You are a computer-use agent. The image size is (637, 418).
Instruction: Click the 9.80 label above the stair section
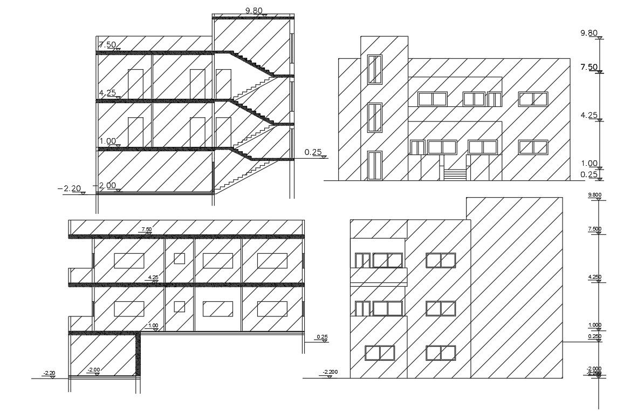(253, 10)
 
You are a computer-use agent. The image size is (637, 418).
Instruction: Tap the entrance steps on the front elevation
(455, 175)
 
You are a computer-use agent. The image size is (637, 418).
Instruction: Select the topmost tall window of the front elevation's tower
(374, 69)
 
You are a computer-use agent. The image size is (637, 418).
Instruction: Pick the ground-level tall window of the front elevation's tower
(374, 165)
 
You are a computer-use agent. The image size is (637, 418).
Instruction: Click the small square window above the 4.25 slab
(179, 258)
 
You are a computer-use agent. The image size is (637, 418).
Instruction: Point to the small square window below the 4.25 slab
(179, 307)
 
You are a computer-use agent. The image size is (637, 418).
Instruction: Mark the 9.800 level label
(594, 195)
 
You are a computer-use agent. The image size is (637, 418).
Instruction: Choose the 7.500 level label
(594, 229)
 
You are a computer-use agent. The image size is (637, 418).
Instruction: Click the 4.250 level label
(594, 277)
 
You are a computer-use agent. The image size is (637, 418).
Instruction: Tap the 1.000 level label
(594, 325)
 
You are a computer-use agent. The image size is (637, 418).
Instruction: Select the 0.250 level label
(594, 336)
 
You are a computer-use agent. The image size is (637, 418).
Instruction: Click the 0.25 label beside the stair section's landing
(313, 152)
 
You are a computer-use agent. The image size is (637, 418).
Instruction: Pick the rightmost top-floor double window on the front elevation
(533, 99)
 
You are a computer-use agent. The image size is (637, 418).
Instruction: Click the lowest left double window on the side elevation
(380, 353)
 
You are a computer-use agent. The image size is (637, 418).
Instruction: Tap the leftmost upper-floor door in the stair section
(135, 84)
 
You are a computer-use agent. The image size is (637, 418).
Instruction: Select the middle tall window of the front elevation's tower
(374, 117)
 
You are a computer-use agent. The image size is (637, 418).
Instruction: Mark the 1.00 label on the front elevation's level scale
(588, 163)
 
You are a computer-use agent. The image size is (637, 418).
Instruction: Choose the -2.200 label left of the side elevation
(330, 372)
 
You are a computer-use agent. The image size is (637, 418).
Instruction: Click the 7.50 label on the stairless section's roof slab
(146, 230)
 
